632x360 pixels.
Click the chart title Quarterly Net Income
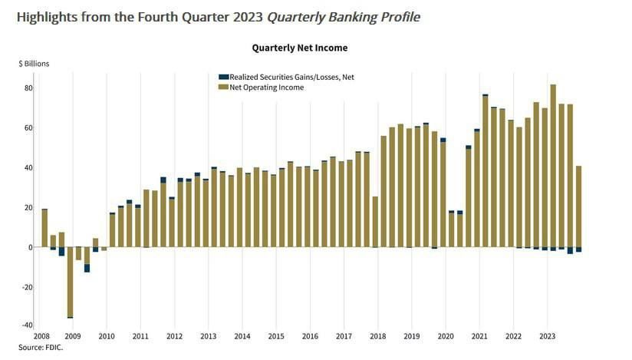[x=300, y=48]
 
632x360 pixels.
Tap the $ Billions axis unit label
[x=34, y=64]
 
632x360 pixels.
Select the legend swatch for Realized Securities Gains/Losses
[x=223, y=77]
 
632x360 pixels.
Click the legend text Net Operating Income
[x=267, y=88]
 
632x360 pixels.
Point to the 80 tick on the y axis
[x=28, y=88]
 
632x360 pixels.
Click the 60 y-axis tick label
[x=28, y=128]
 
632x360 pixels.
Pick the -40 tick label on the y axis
[x=26, y=326]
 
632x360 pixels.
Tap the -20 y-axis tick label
[x=26, y=287]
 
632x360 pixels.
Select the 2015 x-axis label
[x=276, y=336]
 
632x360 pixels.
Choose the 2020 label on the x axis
[x=446, y=336]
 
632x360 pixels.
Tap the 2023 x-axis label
[x=548, y=336]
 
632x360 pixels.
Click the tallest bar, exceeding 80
[x=553, y=165]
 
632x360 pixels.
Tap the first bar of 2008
[x=44, y=227]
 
